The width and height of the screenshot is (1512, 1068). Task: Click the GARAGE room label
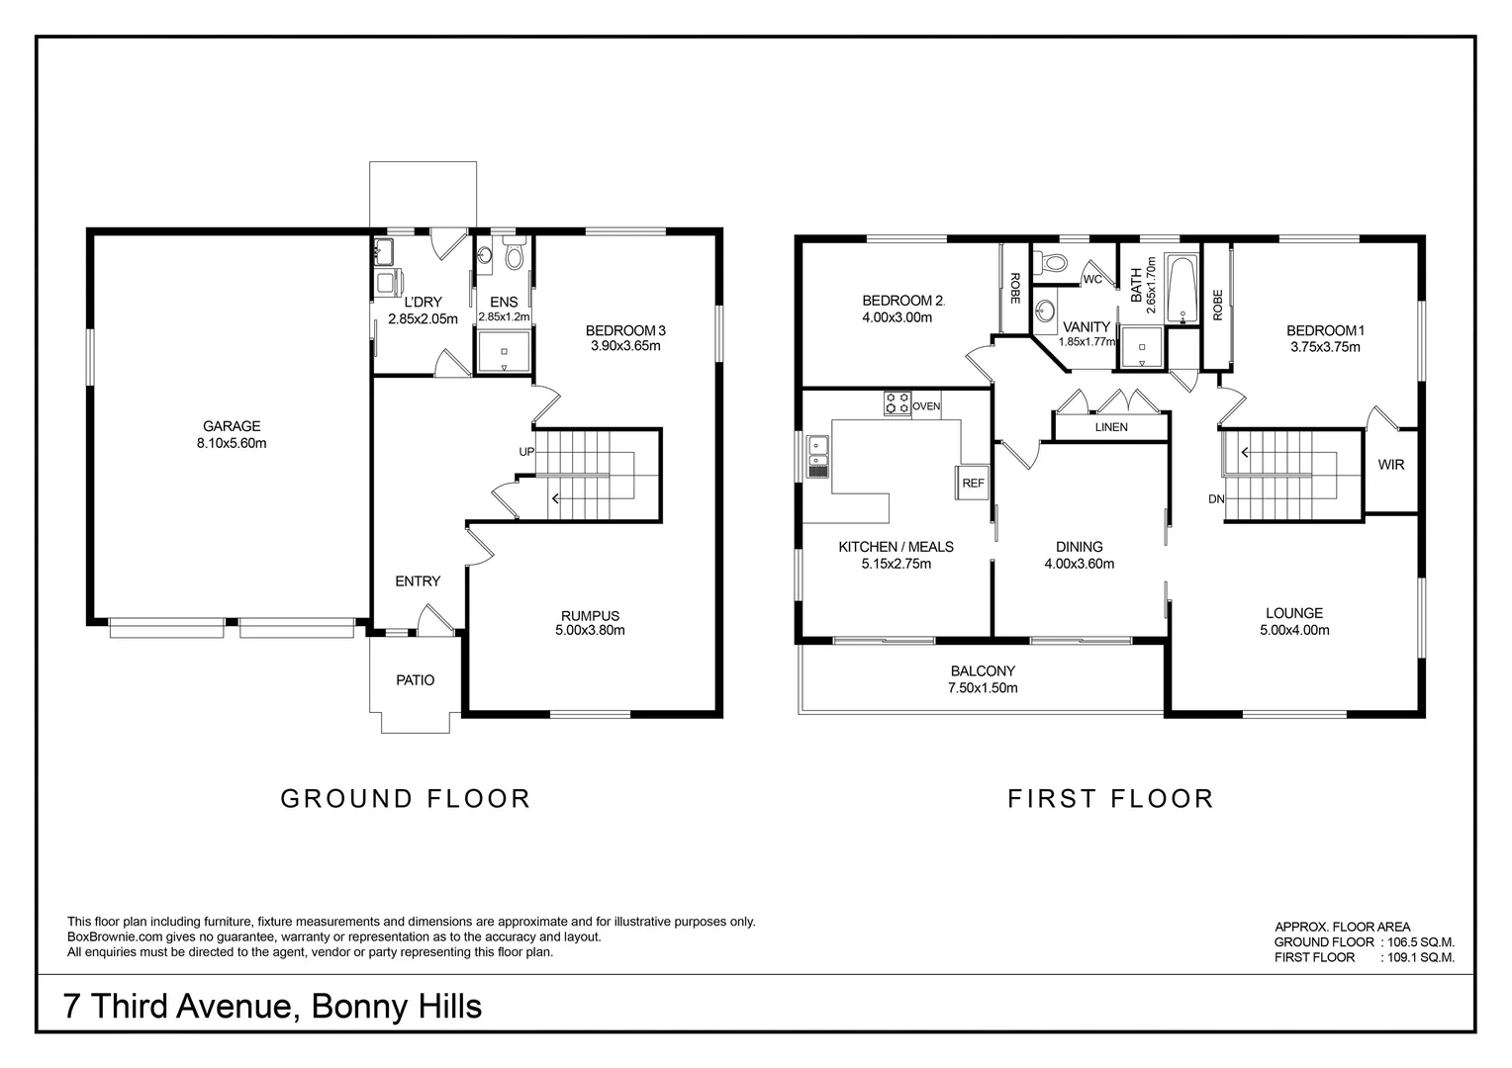(x=232, y=426)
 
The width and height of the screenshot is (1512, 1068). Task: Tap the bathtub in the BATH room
(x=1181, y=289)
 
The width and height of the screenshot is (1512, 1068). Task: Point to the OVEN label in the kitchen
(x=926, y=406)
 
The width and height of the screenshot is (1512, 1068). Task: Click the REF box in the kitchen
(x=973, y=483)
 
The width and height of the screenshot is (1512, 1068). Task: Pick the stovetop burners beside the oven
(x=898, y=403)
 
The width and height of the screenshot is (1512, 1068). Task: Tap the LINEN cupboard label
(x=1111, y=427)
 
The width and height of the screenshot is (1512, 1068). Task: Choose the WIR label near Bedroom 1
(x=1390, y=464)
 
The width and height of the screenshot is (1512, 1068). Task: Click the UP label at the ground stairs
(x=526, y=452)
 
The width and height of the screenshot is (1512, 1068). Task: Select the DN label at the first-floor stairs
(x=1216, y=499)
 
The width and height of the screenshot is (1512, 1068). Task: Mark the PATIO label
(x=416, y=680)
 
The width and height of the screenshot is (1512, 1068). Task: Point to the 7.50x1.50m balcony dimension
(x=983, y=688)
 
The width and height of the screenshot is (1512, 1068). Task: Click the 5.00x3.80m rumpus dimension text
(x=590, y=630)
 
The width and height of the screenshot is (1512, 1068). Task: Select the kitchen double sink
(x=817, y=457)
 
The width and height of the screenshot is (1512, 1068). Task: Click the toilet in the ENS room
(x=515, y=253)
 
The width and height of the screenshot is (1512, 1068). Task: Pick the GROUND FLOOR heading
(x=405, y=799)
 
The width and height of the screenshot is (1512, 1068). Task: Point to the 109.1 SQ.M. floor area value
(x=1421, y=957)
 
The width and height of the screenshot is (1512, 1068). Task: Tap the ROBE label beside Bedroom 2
(x=1014, y=288)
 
